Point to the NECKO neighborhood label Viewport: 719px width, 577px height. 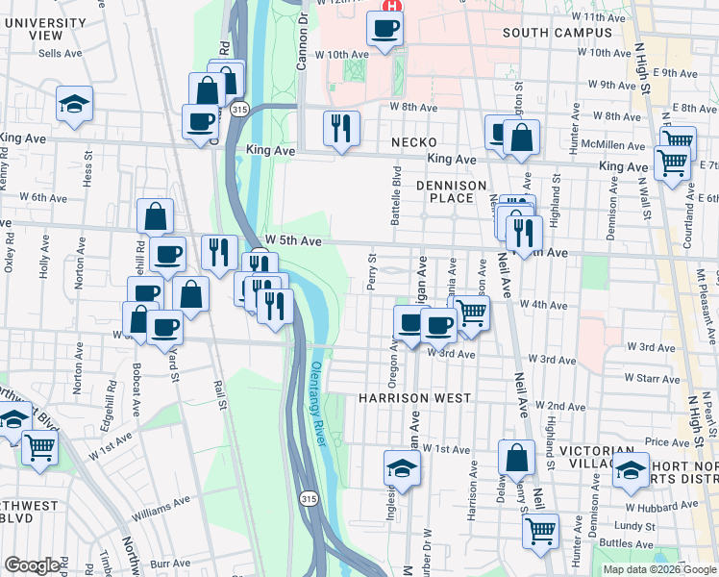[x=414, y=142]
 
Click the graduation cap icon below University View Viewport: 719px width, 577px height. [x=73, y=103]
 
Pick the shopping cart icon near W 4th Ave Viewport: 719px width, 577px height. [x=471, y=312]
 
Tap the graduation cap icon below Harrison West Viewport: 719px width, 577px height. [x=403, y=467]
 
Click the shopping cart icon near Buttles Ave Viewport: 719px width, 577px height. [x=541, y=529]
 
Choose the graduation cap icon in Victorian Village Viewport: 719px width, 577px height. [x=632, y=468]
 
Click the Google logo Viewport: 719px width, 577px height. [x=32, y=565]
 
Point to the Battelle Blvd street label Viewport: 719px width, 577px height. [x=395, y=194]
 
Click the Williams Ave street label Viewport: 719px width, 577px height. [x=161, y=509]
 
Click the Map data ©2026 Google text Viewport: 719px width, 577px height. [x=659, y=569]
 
